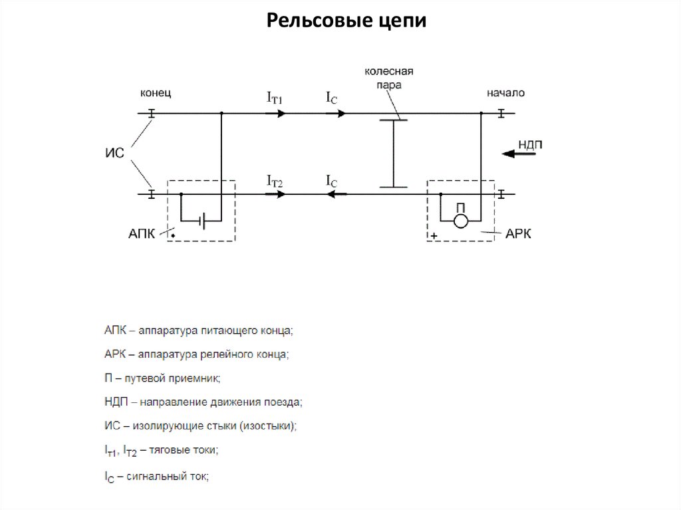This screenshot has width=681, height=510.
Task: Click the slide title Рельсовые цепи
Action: click(346, 21)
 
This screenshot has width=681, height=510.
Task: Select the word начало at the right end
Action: click(505, 93)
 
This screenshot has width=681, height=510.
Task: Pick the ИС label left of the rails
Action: click(115, 153)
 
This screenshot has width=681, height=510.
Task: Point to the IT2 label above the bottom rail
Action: click(275, 180)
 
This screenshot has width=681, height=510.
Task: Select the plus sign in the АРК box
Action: click(434, 235)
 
